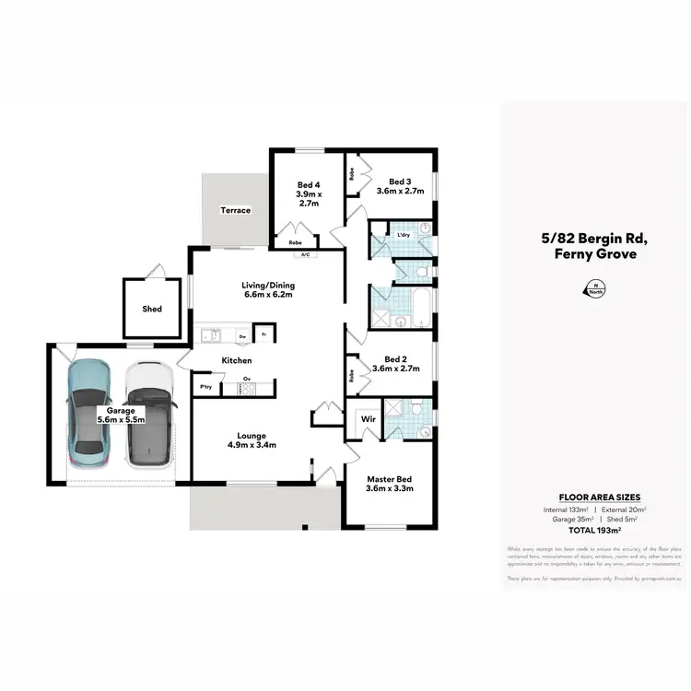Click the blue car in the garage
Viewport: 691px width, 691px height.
click(90, 411)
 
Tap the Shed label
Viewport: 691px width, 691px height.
click(152, 310)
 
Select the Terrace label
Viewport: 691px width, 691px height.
click(235, 211)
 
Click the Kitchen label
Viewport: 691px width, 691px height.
click(236, 360)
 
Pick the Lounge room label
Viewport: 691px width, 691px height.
click(252, 440)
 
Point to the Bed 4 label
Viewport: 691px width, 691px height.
click(308, 193)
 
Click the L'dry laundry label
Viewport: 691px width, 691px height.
click(403, 236)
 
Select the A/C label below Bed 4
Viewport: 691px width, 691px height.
click(302, 254)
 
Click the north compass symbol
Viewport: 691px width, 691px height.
click(589, 288)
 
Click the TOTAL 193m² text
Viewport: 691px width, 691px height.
click(594, 532)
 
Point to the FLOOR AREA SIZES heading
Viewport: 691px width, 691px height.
click(594, 497)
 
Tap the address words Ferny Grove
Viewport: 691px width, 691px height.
click(594, 253)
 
